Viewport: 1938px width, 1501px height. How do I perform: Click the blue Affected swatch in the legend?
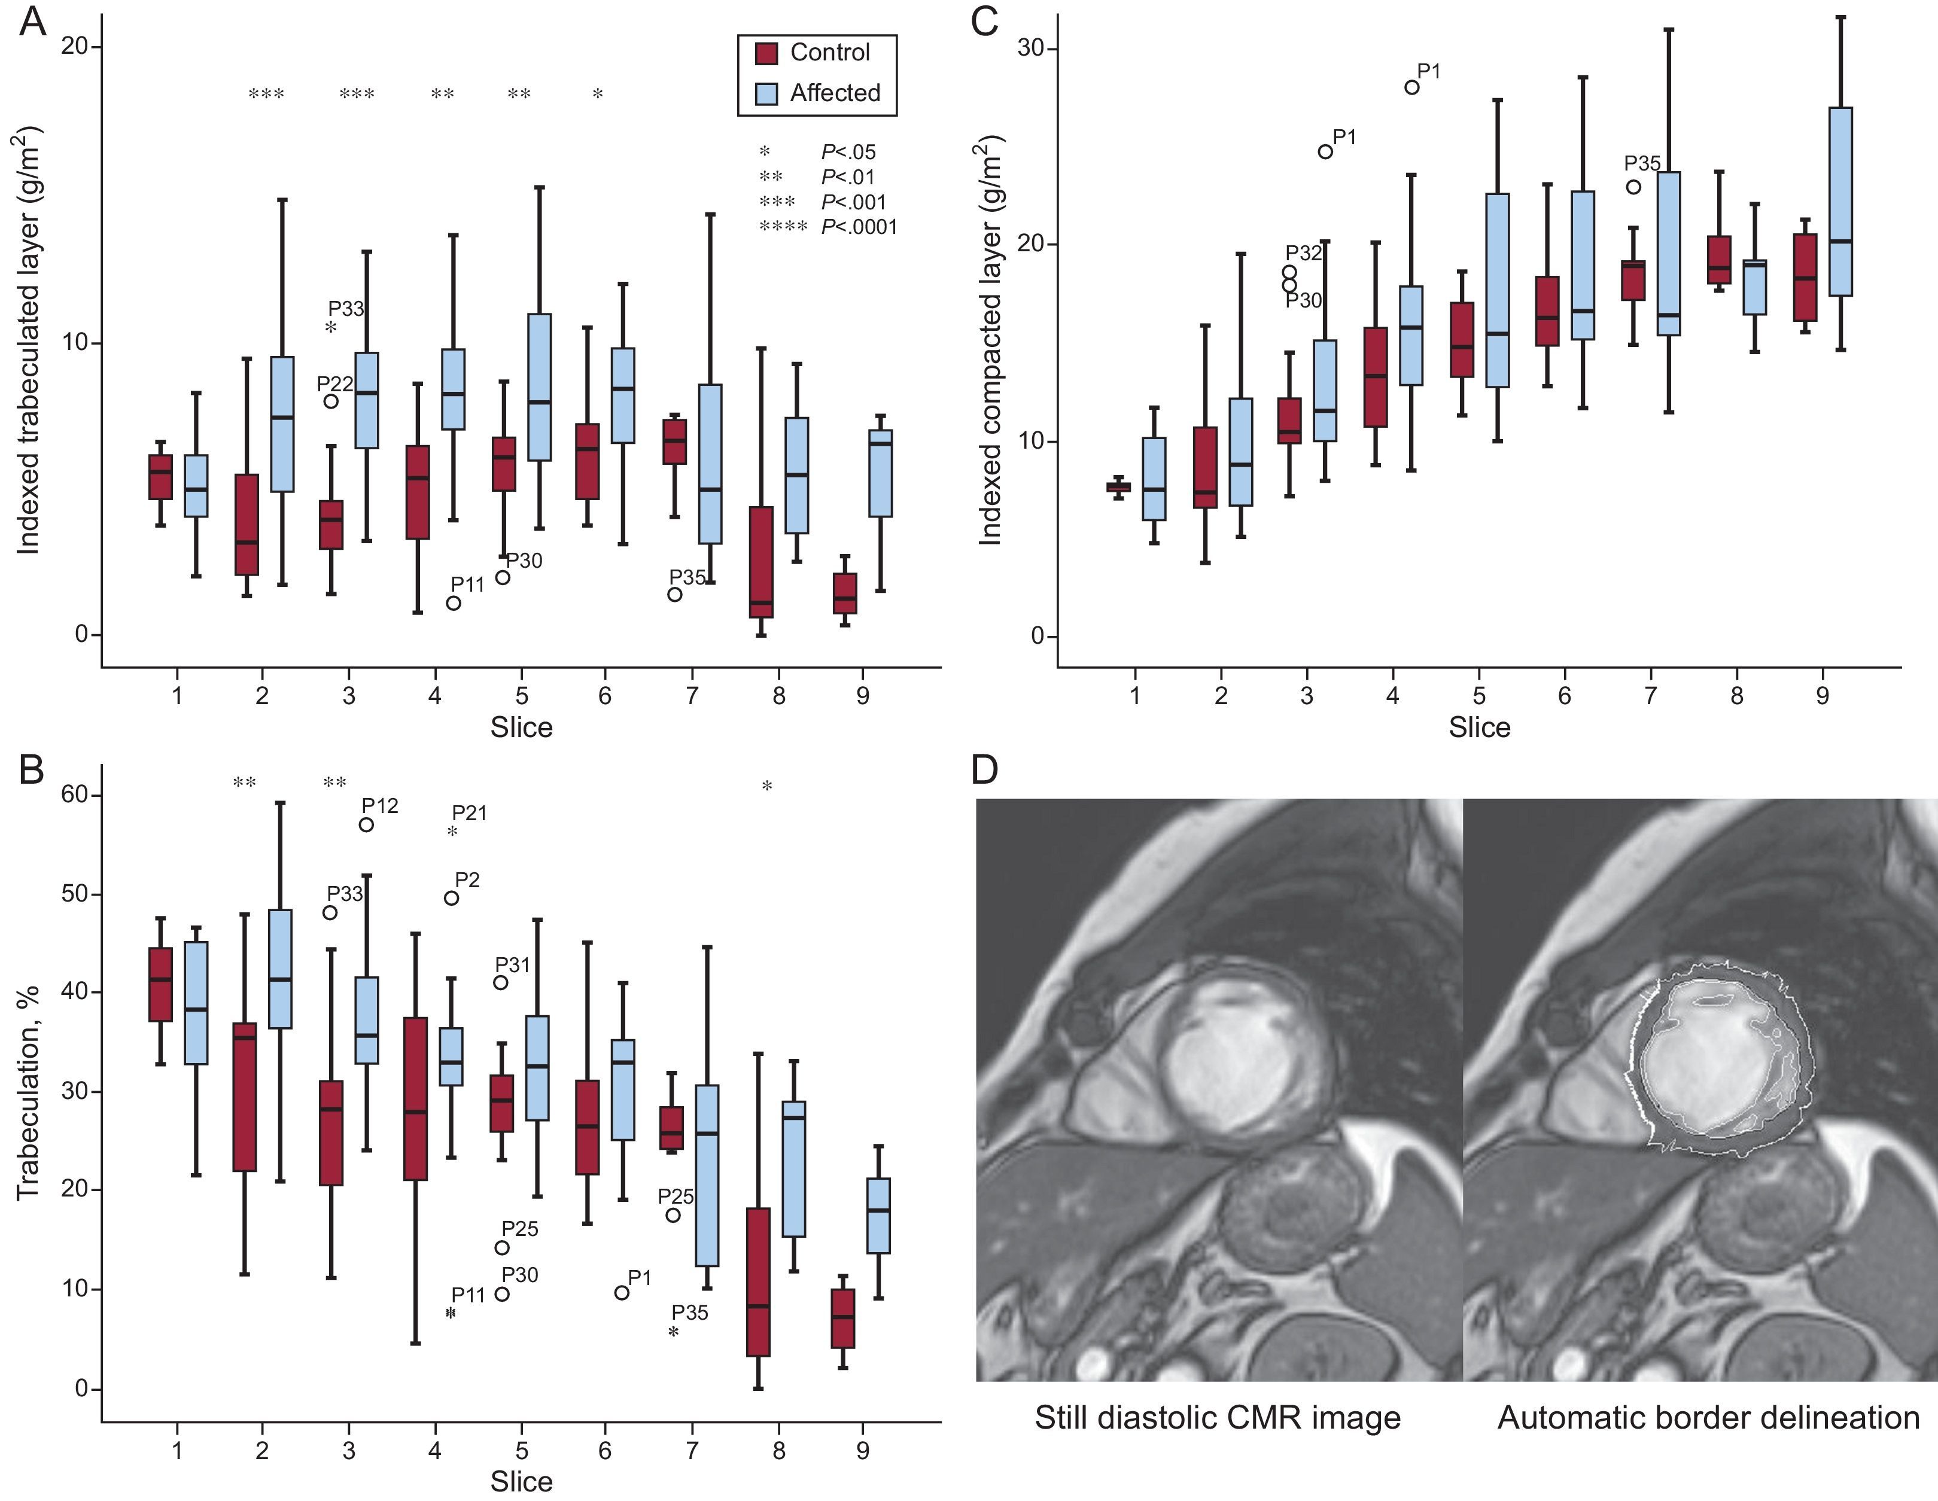(766, 93)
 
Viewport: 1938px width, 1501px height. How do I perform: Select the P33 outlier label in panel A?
(346, 309)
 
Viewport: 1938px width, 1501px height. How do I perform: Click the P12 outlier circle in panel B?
(366, 825)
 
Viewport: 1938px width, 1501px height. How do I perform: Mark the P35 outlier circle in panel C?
(1633, 187)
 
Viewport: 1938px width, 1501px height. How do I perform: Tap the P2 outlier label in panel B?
(468, 880)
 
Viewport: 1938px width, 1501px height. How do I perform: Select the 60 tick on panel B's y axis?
(75, 795)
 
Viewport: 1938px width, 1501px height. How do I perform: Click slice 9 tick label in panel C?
(1822, 696)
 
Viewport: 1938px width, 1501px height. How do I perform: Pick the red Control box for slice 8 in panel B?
(759, 1282)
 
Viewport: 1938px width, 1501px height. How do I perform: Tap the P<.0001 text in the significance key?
(859, 227)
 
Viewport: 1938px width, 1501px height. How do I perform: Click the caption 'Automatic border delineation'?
(1708, 1418)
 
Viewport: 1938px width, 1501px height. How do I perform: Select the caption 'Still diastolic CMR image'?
(1218, 1418)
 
